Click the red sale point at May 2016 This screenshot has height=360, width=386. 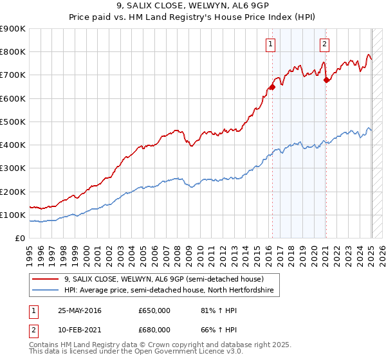[x=272, y=87]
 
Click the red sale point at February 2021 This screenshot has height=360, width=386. [x=326, y=80]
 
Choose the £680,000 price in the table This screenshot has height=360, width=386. [x=154, y=330]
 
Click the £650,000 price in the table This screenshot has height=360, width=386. [x=154, y=310]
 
